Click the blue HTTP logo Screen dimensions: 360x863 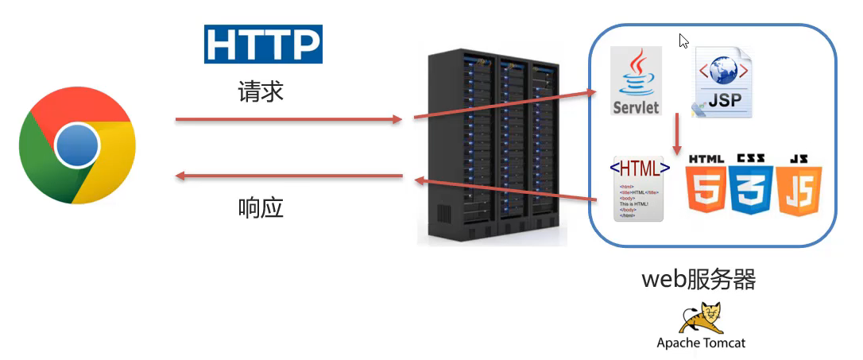263,44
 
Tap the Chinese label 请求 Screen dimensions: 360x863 261,92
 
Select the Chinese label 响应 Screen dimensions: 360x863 261,208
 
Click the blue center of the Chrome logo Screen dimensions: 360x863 77,146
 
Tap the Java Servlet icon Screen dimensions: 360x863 637,81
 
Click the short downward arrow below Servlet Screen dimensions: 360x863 677,134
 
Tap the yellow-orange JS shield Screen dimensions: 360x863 799,187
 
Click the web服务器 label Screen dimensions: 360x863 699,279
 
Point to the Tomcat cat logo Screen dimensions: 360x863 700,318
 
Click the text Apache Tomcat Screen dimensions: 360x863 701,343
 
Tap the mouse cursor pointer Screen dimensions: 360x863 683,41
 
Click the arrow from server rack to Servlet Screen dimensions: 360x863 504,106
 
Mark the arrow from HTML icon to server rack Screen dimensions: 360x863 504,189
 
